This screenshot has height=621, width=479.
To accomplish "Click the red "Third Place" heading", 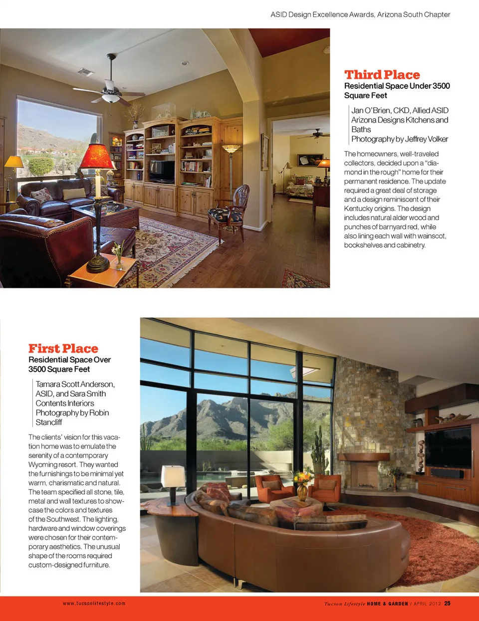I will (382, 75).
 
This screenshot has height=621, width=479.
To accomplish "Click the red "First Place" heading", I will (63, 349).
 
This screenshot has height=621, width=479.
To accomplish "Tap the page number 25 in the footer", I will (447, 604).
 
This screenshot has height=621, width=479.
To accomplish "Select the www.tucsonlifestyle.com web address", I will (94, 604).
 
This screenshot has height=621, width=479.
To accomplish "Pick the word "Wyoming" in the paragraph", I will (43, 464).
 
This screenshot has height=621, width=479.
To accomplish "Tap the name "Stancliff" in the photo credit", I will (49, 422).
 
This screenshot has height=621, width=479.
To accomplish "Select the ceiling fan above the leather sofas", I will (110, 90).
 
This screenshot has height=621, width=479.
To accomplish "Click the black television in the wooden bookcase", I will (162, 171).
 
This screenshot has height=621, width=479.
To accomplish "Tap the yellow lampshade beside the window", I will (14, 162).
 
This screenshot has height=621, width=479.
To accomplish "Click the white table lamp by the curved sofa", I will (173, 476).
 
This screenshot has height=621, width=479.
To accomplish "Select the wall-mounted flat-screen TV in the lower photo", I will (447, 447).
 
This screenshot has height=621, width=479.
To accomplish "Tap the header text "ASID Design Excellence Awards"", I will (322, 14).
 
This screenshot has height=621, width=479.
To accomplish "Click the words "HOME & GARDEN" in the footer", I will (387, 604).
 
